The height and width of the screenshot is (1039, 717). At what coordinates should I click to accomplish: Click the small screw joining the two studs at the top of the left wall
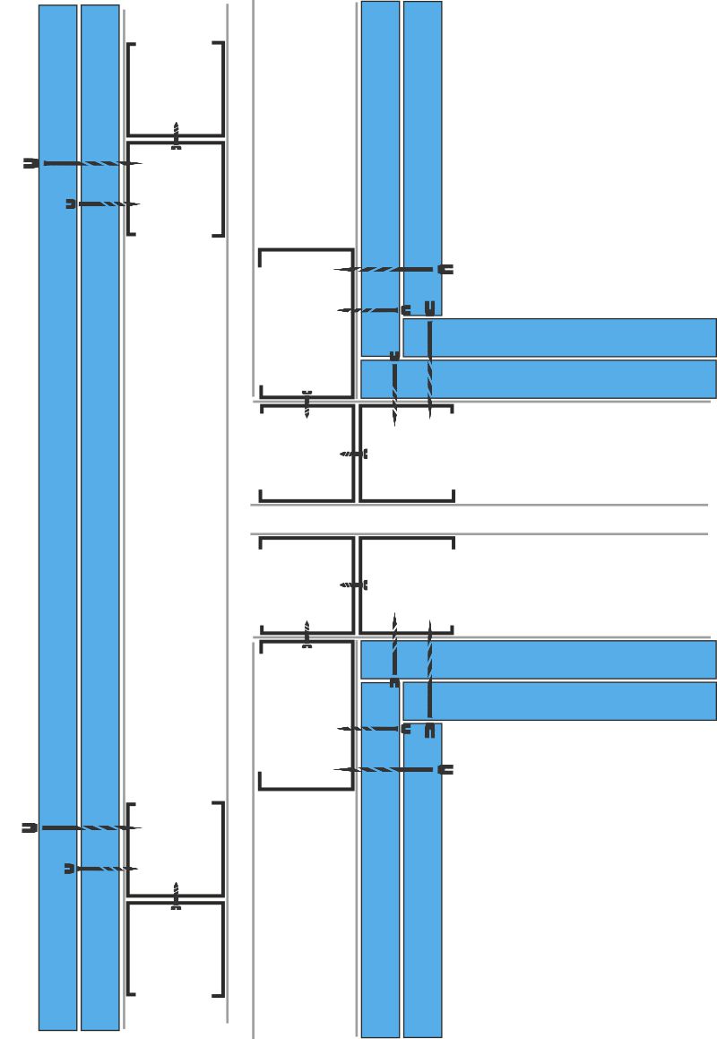(177, 136)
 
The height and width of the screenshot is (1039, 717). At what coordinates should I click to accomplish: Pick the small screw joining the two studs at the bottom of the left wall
(177, 896)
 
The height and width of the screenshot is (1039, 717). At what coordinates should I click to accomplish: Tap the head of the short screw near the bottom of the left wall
(70, 869)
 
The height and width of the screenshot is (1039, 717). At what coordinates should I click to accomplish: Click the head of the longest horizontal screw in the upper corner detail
(446, 269)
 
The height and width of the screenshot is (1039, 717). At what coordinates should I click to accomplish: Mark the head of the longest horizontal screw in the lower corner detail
(446, 769)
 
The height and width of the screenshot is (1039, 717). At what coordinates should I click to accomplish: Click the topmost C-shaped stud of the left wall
(176, 89)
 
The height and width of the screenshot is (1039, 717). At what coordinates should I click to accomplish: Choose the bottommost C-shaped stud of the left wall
(176, 948)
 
